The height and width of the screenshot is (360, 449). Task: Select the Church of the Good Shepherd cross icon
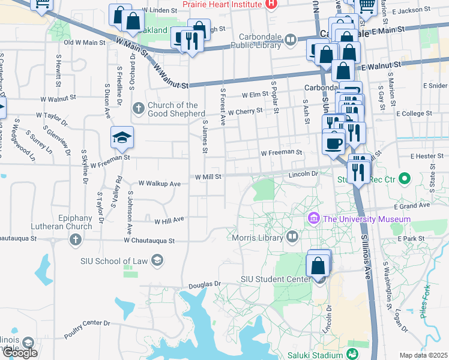pos(138,108)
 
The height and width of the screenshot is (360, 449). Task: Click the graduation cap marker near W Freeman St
pos(122,138)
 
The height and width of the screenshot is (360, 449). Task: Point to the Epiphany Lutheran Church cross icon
pos(75,241)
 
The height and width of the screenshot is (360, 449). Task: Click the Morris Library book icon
pos(292,236)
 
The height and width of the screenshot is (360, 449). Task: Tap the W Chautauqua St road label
pos(149,241)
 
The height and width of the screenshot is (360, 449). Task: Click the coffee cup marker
pos(334,143)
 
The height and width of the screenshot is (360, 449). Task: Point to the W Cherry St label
pos(245,111)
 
